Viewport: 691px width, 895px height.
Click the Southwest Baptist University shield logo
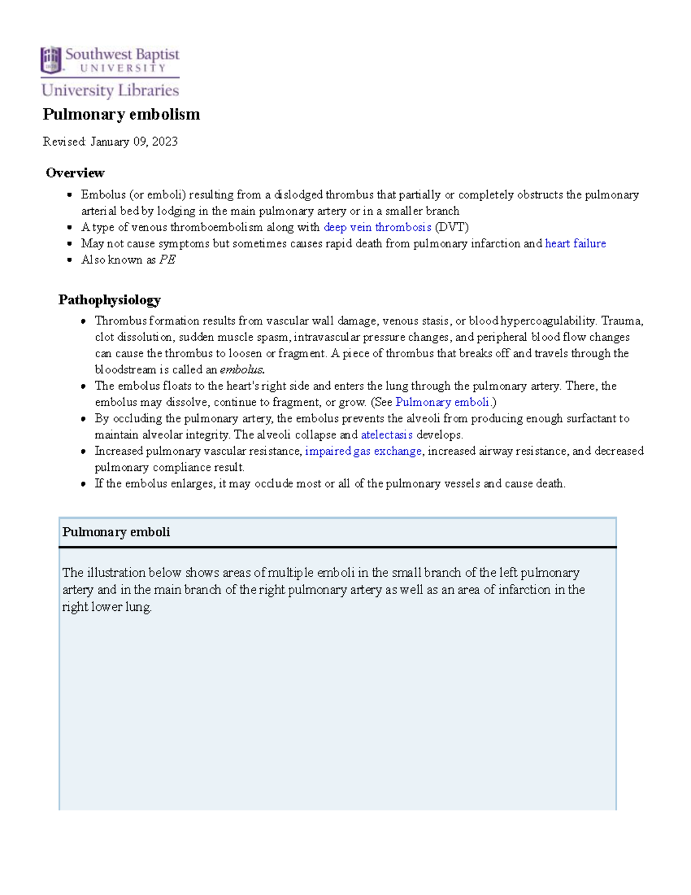[x=51, y=60]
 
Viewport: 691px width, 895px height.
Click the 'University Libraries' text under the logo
[x=110, y=90]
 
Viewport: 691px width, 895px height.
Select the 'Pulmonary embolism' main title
[x=121, y=114]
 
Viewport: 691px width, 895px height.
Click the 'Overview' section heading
[x=75, y=173]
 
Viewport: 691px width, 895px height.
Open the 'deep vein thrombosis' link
[x=377, y=227]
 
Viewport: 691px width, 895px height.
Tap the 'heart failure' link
[x=575, y=243]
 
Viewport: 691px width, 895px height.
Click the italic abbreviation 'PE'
[x=167, y=260]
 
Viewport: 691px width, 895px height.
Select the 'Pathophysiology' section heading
[x=109, y=300]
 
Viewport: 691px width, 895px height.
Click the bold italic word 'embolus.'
[x=242, y=369]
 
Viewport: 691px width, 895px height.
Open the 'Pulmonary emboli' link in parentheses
[x=442, y=402]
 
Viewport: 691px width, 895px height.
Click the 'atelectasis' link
[x=386, y=435]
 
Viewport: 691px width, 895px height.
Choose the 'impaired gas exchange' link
[x=363, y=451]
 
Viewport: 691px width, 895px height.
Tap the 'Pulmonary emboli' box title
[x=116, y=532]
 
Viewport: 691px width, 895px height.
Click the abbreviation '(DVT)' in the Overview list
[x=451, y=227]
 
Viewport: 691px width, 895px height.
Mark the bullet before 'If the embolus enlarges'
[x=84, y=484]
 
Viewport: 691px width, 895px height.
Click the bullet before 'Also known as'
[x=70, y=260]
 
